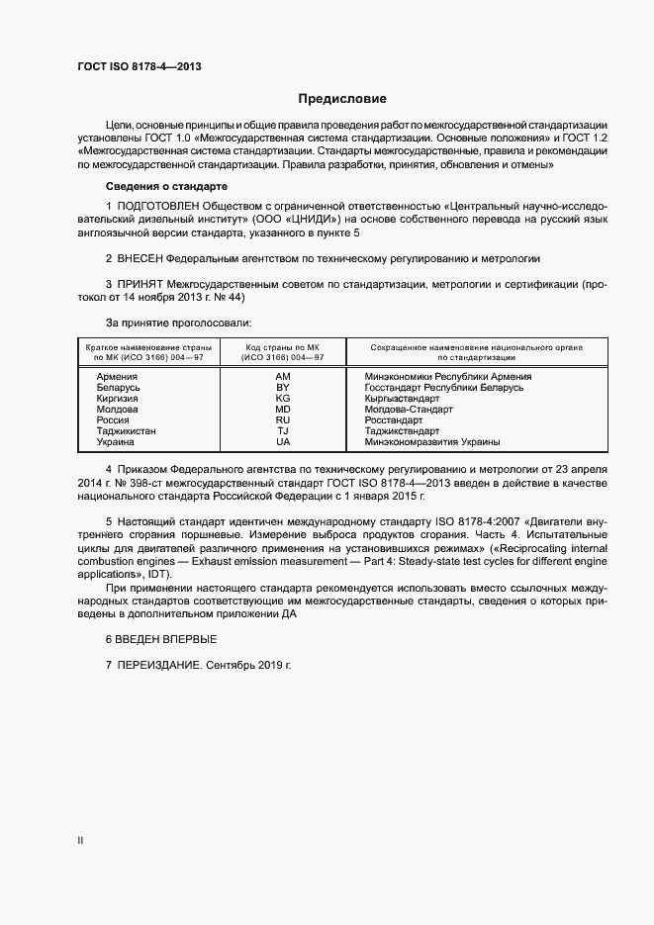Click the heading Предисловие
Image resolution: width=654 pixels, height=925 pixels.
point(342,99)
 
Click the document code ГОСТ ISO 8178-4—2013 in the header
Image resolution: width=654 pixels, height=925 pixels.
point(140,66)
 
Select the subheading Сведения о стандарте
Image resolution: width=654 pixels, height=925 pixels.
point(167,187)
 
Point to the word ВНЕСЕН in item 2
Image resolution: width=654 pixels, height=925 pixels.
point(143,258)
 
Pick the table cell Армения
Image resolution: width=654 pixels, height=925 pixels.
point(117,377)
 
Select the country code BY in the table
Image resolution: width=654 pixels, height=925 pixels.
point(283,388)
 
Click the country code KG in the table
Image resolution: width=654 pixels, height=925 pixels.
point(283,399)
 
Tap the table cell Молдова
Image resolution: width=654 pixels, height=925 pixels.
point(117,410)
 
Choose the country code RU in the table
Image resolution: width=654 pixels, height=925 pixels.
point(283,420)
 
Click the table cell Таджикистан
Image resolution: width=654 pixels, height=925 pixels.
point(126,431)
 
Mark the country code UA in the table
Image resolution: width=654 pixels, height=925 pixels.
point(283,442)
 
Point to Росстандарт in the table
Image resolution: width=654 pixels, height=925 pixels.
point(394,420)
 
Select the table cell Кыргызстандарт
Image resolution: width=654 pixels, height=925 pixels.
point(402,399)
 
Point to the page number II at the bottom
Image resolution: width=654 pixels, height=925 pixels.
point(80,841)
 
